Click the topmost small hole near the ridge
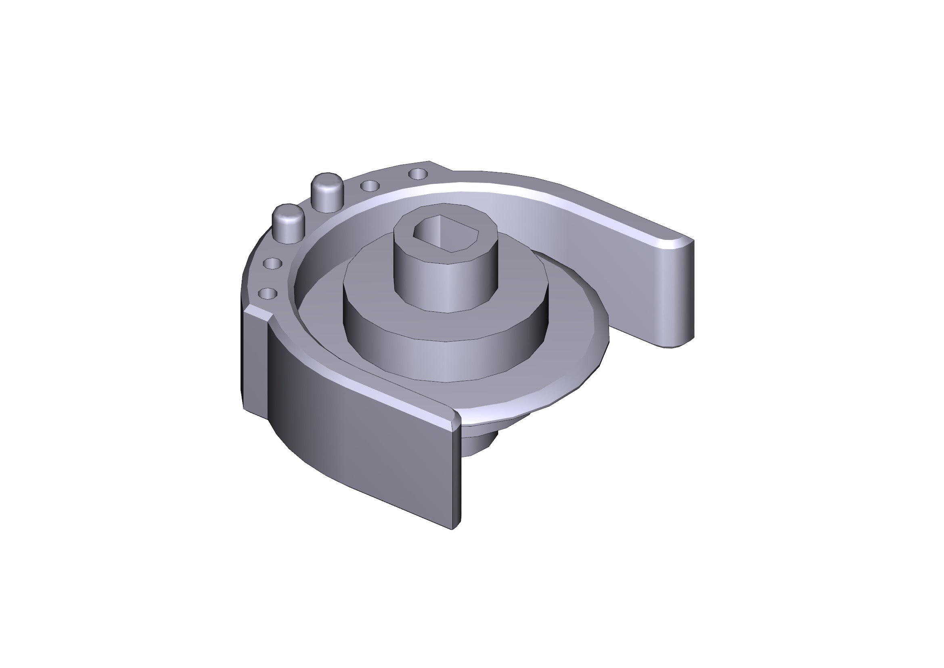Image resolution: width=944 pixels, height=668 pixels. (x=418, y=174)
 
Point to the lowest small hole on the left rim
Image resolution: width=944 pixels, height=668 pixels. (x=268, y=293)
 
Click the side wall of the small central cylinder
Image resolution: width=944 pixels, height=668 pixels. (x=446, y=284)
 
